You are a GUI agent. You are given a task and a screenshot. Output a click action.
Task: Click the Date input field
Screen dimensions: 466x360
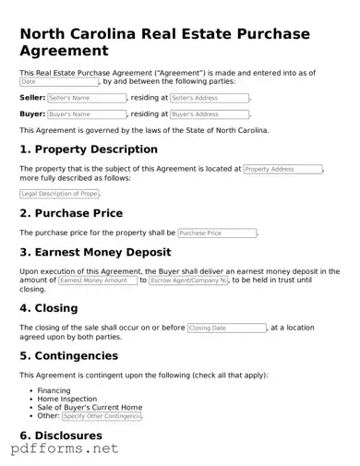pos(58,81)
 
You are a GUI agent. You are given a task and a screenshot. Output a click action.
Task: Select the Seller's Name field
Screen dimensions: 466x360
pos(87,98)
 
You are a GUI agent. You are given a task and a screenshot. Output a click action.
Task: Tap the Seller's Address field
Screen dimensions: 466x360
pos(209,98)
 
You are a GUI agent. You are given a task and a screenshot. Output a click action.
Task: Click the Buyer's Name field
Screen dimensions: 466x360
pos(87,114)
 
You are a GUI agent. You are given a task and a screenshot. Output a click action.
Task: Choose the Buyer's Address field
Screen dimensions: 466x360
pos(209,114)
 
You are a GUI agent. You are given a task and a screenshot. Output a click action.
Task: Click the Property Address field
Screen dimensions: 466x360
pos(282,170)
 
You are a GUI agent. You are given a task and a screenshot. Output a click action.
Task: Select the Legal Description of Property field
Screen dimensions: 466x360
pos(59,194)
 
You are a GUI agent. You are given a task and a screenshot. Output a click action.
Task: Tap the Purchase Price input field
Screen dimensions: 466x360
pos(217,233)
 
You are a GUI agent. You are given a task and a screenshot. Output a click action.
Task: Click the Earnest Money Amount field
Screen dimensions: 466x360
pos(97,280)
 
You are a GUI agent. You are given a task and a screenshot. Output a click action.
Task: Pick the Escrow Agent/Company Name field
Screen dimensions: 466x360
pos(188,280)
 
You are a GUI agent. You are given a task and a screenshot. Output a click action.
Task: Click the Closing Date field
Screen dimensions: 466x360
pos(226,328)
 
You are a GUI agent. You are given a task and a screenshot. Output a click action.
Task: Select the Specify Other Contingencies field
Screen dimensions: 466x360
pos(102,416)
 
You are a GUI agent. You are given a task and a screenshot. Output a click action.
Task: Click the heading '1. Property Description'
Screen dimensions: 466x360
pos(89,149)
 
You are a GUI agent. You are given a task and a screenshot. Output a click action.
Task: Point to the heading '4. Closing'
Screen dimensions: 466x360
pos(54,309)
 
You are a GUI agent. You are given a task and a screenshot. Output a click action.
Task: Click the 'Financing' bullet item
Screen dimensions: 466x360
pos(54,391)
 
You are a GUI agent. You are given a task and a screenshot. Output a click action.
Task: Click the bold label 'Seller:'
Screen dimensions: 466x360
pos(32,98)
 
